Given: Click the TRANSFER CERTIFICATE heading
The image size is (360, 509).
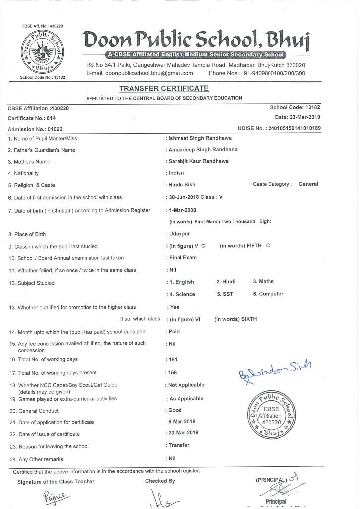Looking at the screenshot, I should point(164,88).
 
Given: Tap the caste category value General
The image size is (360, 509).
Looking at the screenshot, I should point(308,184).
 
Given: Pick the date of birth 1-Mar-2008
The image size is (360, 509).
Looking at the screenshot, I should point(183,210).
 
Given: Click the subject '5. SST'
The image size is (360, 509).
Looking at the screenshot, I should point(225,294).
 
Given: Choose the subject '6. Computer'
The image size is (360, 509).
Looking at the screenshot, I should point(268,294).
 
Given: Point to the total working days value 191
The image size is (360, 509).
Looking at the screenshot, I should point(173,359).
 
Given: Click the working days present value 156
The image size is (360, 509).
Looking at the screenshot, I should point(173,372).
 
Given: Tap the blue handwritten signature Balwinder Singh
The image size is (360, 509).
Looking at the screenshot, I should point(273,370).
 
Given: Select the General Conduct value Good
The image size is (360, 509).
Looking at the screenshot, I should point(175,410).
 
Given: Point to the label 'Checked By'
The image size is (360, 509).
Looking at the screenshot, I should point(160,481).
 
